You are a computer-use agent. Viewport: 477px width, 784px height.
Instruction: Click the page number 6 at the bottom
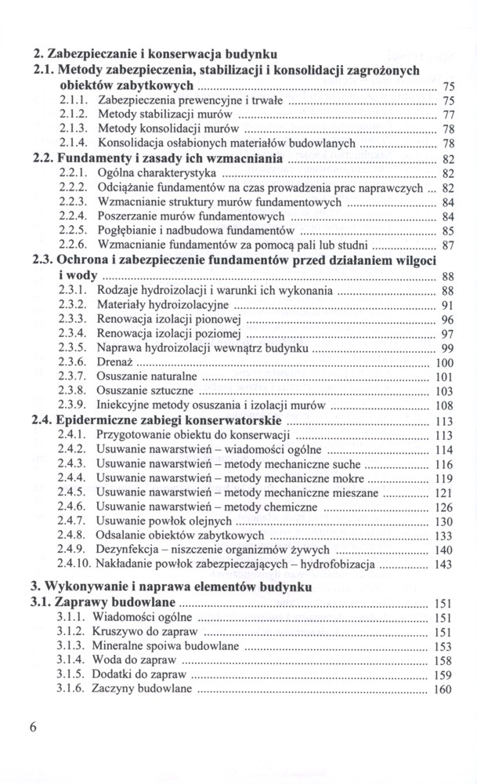34,725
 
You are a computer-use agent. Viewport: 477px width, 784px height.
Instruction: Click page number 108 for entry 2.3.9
443,406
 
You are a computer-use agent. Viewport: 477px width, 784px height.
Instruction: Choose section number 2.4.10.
76,564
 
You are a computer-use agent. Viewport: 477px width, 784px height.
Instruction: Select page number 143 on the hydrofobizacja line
443,564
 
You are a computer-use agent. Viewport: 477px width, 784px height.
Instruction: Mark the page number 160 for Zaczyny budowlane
443,690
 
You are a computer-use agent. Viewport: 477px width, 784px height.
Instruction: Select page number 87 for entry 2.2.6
449,245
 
